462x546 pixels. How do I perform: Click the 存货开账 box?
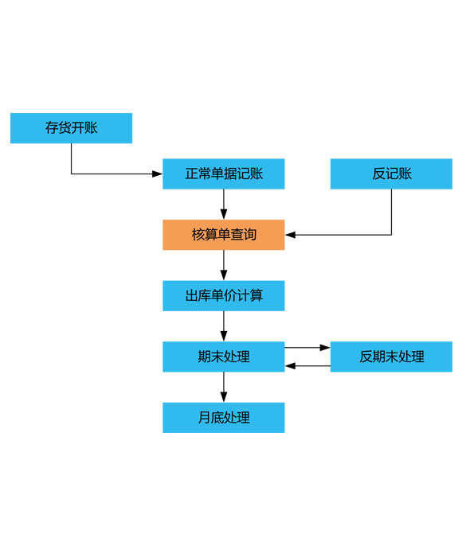click(71, 128)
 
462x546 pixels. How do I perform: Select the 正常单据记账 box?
click(224, 174)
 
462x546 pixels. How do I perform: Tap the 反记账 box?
click(391, 174)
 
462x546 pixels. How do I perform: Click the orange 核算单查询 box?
click(224, 235)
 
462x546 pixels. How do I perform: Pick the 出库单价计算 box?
click(224, 295)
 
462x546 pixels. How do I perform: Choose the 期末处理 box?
click(224, 357)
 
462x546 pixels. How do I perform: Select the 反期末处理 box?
click(391, 357)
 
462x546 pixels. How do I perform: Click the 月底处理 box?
click(224, 418)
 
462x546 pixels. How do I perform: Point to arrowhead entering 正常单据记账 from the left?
click(158, 174)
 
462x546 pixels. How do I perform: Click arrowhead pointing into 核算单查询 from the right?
click(290, 235)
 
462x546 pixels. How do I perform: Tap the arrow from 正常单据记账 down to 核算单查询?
click(224, 205)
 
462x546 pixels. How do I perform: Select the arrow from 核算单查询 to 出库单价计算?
click(224, 265)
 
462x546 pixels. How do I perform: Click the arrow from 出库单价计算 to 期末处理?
click(224, 326)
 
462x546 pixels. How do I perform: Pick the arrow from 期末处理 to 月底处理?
click(224, 387)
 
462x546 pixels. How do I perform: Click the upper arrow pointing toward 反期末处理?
click(307, 348)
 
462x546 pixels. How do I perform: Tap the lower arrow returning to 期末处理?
click(307, 366)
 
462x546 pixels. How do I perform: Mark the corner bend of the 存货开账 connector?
click(72, 174)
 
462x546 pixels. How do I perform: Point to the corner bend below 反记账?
click(391, 235)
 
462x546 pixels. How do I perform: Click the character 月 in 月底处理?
click(204, 418)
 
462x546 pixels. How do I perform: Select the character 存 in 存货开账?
click(51, 128)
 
